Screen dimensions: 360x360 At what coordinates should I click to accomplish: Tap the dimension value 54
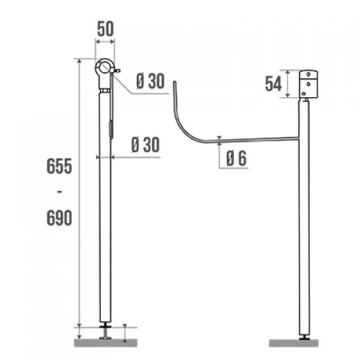(273, 84)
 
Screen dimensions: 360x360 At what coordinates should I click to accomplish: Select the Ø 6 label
(236, 159)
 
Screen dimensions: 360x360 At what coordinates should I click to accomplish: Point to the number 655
(59, 166)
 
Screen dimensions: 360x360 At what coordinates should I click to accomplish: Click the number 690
(59, 218)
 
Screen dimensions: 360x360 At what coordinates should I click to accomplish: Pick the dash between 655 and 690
(59, 192)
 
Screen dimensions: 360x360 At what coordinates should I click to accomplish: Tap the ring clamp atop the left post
(105, 69)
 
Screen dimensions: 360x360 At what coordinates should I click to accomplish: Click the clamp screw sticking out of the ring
(117, 71)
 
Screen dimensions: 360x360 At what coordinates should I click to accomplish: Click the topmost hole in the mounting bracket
(311, 74)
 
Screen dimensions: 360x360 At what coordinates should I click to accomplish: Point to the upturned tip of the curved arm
(173, 85)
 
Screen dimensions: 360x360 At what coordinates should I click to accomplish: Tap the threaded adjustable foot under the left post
(105, 332)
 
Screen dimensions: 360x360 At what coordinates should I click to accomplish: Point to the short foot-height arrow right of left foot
(125, 332)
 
